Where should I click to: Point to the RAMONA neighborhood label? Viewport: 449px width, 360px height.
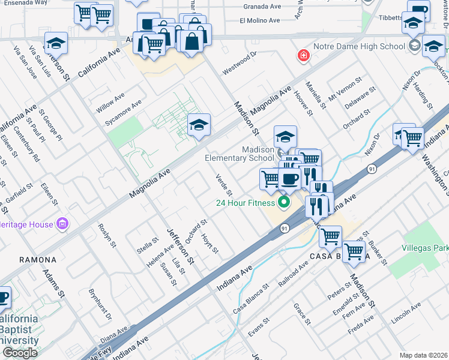tap(38, 260)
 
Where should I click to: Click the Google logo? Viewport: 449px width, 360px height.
tap(20, 353)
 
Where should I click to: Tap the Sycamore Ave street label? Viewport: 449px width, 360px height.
tap(123, 112)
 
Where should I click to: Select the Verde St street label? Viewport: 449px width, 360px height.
tap(224, 185)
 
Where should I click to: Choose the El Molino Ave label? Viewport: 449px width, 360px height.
tap(260, 20)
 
